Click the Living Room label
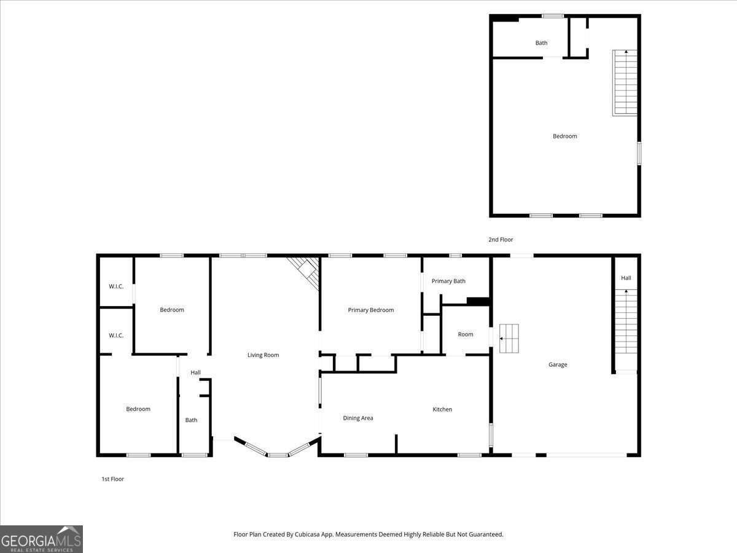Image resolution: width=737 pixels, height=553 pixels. click(263, 355)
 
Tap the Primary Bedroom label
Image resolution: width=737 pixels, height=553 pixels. click(370, 310)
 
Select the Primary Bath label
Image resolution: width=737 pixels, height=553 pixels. click(448, 281)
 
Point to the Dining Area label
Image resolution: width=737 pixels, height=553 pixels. click(357, 418)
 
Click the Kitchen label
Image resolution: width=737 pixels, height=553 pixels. click(442, 410)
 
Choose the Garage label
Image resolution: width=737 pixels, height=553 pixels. click(558, 365)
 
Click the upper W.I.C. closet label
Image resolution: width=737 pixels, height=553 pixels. click(116, 286)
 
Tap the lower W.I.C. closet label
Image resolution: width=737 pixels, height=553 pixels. click(116, 335)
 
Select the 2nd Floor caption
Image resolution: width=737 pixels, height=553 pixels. click(501, 240)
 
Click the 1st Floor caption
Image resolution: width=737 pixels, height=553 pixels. click(112, 479)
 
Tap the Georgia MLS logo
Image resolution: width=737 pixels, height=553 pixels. click(42, 539)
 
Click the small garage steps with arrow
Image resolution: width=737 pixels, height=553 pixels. click(509, 339)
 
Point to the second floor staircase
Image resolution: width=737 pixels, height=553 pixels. click(625, 83)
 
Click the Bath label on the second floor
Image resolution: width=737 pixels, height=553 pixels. click(541, 43)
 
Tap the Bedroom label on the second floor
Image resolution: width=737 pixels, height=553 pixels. click(564, 136)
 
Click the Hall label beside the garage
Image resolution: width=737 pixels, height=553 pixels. click(626, 278)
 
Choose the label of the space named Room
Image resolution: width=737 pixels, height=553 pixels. click(466, 335)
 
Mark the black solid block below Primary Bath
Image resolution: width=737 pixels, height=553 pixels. click(478, 301)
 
